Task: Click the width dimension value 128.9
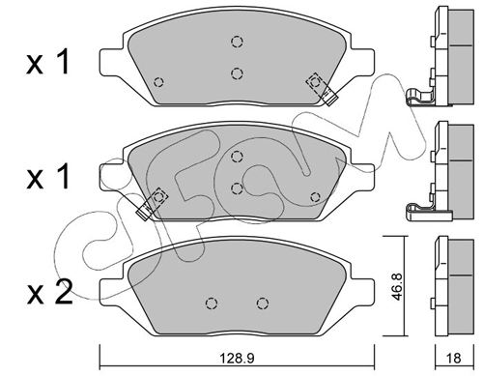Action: pyautogui.click(x=237, y=358)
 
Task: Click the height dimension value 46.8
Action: pyautogui.click(x=398, y=287)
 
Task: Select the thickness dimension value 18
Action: pyautogui.click(x=454, y=358)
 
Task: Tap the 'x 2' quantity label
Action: pyautogui.click(x=49, y=293)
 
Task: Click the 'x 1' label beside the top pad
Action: pyautogui.click(x=47, y=62)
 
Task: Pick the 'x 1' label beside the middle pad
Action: pyautogui.click(x=47, y=177)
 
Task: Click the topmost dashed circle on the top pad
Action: pyautogui.click(x=237, y=42)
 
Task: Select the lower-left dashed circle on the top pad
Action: pyautogui.click(x=158, y=82)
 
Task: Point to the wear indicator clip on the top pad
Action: pyautogui.click(x=322, y=89)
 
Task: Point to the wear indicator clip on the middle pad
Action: pyautogui.click(x=152, y=204)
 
